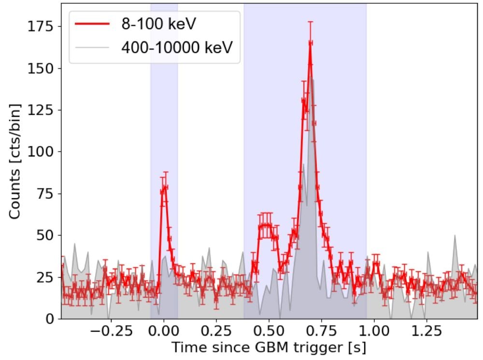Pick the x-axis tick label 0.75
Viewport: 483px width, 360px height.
pos(321,333)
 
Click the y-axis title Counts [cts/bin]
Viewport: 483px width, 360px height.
pos(14,161)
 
